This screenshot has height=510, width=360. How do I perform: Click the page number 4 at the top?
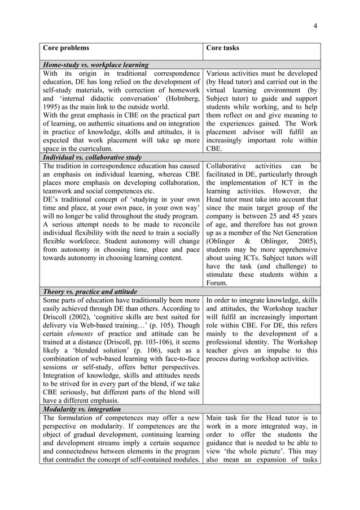pos(315,25)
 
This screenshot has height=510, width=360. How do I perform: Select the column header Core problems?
pos(66,48)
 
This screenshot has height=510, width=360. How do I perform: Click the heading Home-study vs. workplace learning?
pos(95,65)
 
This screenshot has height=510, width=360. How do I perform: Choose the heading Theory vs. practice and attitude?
pos(90,291)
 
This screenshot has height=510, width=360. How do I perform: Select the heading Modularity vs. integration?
pos(81,408)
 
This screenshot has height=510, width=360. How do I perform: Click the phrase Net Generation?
pos(292,233)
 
